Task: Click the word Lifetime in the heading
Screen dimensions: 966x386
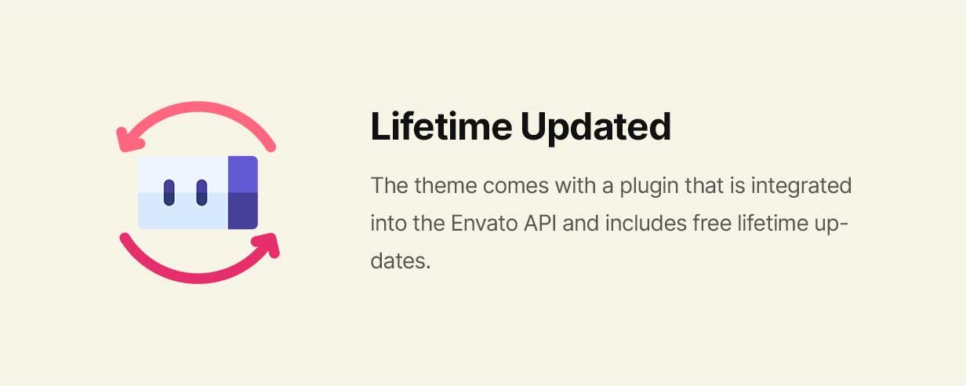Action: (x=441, y=126)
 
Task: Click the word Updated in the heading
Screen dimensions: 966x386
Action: (x=596, y=127)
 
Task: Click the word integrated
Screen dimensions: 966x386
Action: (x=801, y=187)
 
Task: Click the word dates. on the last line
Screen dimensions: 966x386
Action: (x=401, y=261)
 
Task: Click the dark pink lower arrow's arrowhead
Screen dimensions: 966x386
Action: (x=267, y=245)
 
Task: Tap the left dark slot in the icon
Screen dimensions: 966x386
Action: (x=169, y=193)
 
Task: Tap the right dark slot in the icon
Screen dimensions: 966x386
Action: (x=202, y=193)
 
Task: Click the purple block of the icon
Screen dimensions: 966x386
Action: (x=243, y=192)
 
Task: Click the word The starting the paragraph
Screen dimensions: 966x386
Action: (x=390, y=186)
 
